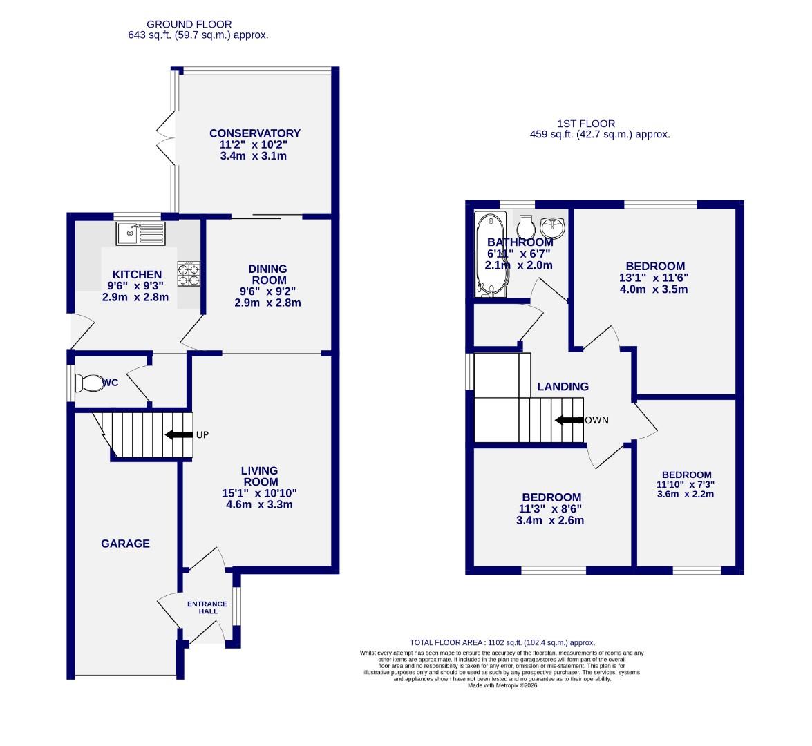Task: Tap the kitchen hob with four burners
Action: click(x=189, y=273)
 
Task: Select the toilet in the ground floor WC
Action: click(x=88, y=383)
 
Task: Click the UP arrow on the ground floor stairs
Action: click(x=179, y=434)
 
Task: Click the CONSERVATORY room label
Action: click(x=255, y=133)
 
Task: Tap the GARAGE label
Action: click(x=125, y=544)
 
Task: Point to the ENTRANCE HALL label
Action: click(x=207, y=608)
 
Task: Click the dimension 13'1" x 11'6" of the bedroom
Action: click(x=655, y=278)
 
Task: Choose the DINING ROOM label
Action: click(x=267, y=274)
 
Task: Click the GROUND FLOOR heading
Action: click(x=198, y=24)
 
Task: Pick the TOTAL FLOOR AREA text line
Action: click(x=502, y=642)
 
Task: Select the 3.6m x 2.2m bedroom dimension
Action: click(x=686, y=494)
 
